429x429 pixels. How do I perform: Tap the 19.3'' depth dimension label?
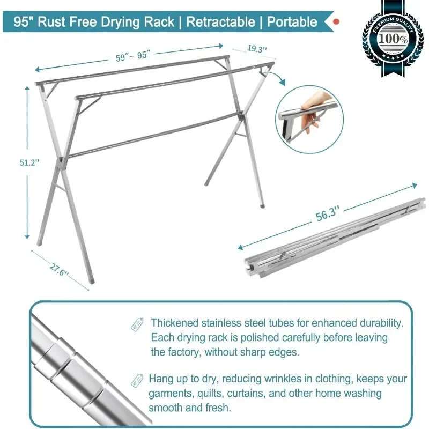pos(257,49)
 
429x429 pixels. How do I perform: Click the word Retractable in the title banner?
pos(220,22)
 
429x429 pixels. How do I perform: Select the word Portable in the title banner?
pos(292,22)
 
